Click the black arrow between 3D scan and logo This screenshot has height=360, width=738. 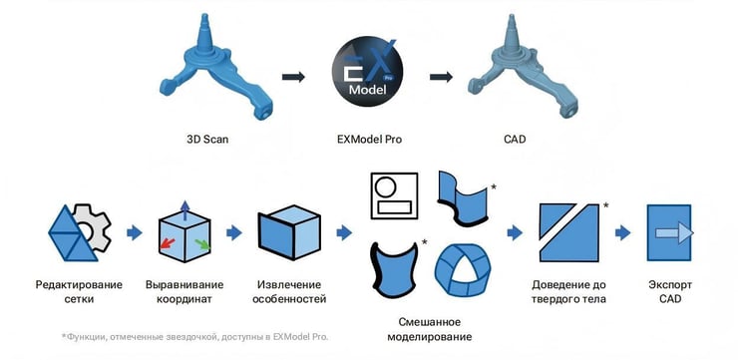tap(292, 76)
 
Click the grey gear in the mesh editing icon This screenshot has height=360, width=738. tap(93, 231)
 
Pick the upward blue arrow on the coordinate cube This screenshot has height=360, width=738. tap(184, 208)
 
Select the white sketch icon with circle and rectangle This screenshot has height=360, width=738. tap(393, 196)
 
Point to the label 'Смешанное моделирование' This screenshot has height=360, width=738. tap(425, 329)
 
